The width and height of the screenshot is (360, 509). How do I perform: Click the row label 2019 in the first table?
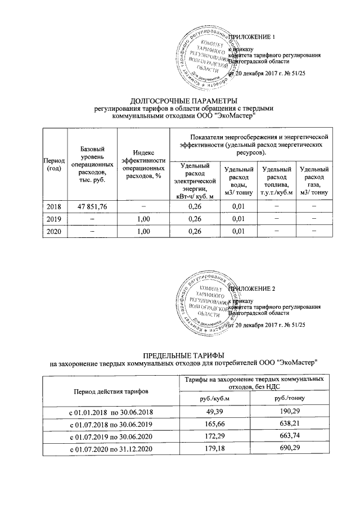click(54, 219)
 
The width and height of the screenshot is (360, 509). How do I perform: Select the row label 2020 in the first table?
click(54, 231)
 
